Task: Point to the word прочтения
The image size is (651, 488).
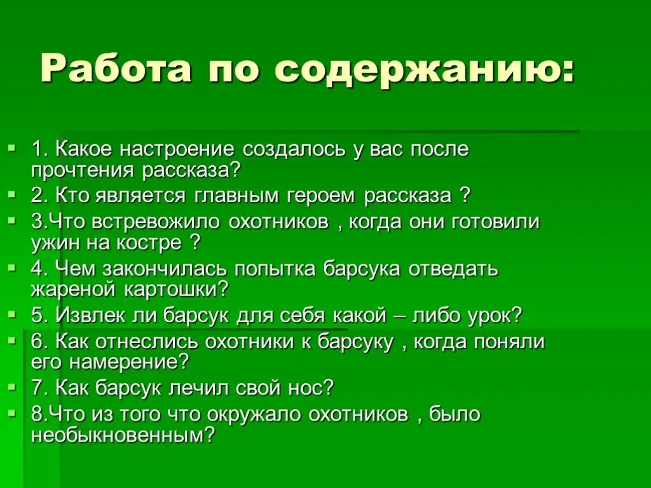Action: pyautogui.click(x=83, y=170)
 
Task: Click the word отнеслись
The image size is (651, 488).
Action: pyautogui.click(x=147, y=341)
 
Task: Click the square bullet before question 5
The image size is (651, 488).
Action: pyautogui.click(x=11, y=313)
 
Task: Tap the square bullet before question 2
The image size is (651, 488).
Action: pyautogui.click(x=11, y=193)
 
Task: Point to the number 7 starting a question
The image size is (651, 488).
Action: pyautogui.click(x=36, y=387)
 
